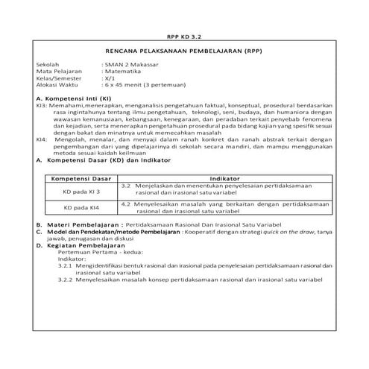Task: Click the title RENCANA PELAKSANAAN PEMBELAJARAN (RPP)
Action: click(183, 53)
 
